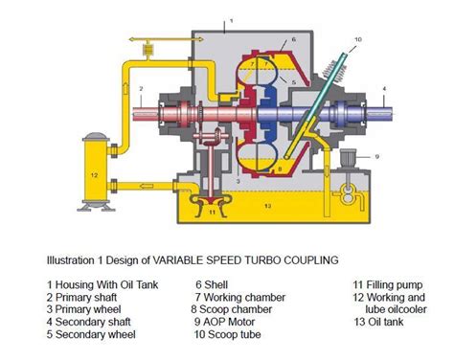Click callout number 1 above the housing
[231, 17]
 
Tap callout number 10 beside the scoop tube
[357, 39]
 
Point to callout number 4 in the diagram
[383, 89]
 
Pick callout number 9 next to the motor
[377, 155]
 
